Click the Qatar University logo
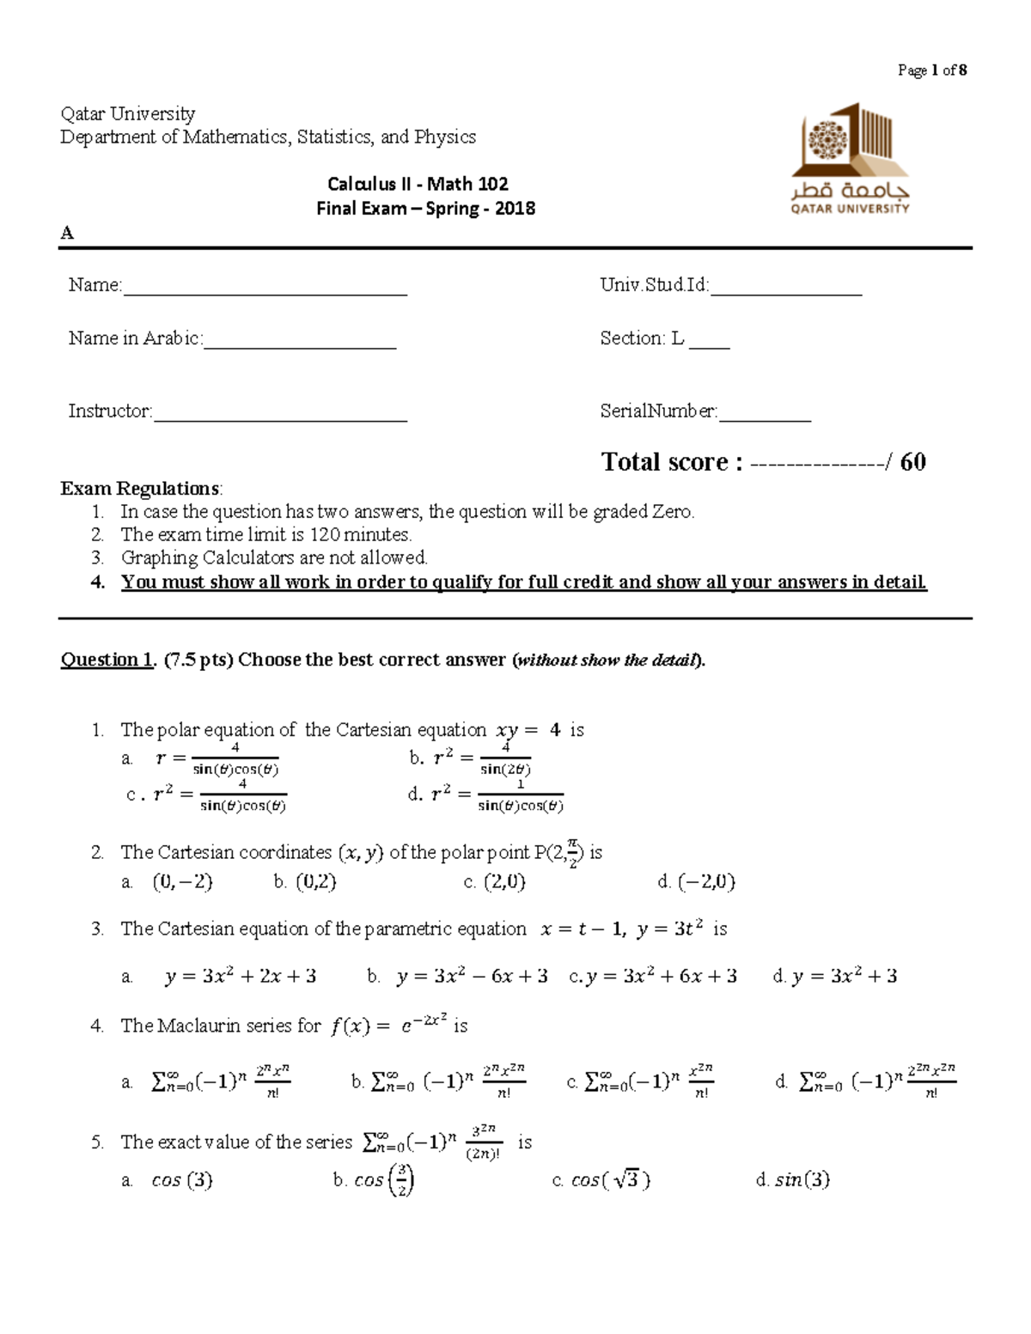pyautogui.click(x=850, y=159)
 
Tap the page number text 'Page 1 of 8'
pyautogui.click(x=931, y=70)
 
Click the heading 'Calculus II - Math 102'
pyautogui.click(x=418, y=184)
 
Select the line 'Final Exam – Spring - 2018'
pyautogui.click(x=425, y=209)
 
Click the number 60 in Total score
pyautogui.click(x=912, y=462)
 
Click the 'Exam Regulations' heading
pyautogui.click(x=140, y=489)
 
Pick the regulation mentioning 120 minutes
pyautogui.click(x=265, y=534)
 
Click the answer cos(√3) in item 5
pyautogui.click(x=610, y=1180)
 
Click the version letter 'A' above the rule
pyautogui.click(x=67, y=234)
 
